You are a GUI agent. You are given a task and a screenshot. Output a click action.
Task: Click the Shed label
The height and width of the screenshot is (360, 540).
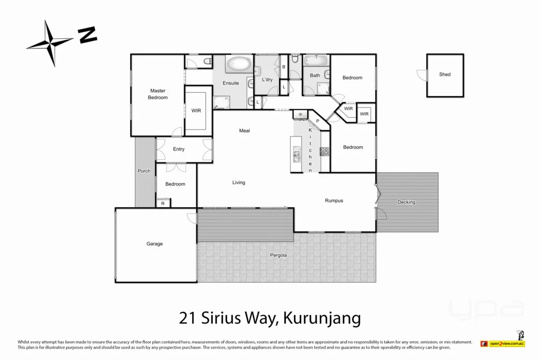[444, 74]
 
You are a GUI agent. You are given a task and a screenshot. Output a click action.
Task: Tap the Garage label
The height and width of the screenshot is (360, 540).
[154, 244]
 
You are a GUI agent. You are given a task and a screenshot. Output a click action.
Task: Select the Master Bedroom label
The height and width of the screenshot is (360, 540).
[158, 94]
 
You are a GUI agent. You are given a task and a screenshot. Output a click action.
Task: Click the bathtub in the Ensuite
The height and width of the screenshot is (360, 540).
[238, 65]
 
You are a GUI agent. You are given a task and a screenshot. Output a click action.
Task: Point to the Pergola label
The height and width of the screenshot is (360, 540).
[278, 255]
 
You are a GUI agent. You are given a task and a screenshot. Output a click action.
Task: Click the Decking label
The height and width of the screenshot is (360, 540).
[406, 202]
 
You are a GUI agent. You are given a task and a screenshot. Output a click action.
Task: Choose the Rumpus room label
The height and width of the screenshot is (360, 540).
[334, 201]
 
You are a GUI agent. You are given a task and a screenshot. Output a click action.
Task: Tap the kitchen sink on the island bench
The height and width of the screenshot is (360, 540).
[296, 156]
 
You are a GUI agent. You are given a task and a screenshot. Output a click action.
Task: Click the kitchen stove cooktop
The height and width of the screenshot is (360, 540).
[325, 152]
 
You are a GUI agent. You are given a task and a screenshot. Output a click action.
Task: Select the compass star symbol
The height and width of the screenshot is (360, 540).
[50, 43]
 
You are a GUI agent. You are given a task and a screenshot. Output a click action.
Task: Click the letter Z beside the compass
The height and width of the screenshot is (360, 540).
[87, 36]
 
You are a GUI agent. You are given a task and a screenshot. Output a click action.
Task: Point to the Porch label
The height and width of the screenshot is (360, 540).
[144, 171]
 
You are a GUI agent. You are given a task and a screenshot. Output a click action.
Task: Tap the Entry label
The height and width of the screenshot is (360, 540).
[179, 150]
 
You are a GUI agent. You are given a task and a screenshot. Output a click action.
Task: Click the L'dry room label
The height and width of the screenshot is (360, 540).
[267, 80]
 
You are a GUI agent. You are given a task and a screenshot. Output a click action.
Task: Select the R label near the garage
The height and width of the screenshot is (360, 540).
[163, 203]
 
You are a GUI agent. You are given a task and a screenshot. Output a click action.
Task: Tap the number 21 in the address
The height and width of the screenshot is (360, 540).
[186, 317]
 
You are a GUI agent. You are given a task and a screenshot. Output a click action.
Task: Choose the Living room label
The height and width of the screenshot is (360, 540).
[239, 182]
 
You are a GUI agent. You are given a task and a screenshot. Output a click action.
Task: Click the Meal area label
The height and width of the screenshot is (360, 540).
[245, 131]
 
